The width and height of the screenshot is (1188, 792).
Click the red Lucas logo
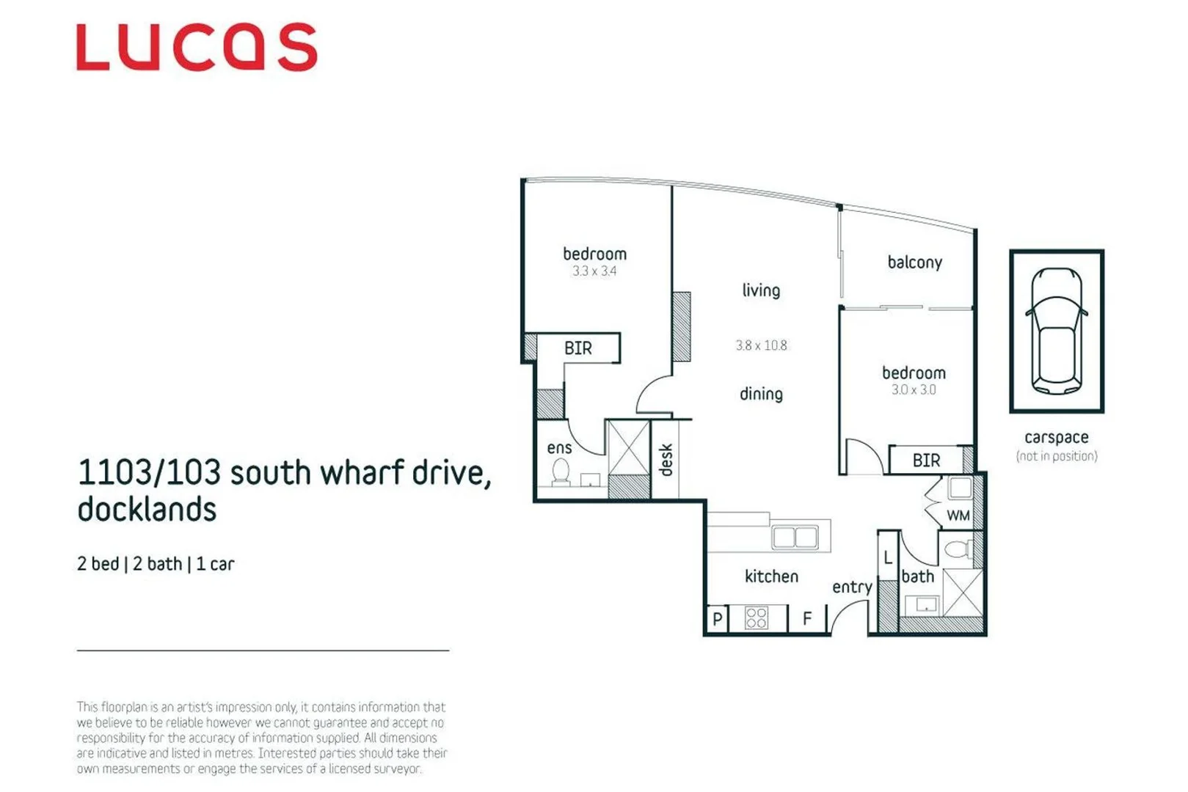tap(197, 48)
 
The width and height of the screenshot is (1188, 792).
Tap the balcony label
tap(914, 263)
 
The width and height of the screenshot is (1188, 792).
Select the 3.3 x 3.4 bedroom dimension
tap(594, 271)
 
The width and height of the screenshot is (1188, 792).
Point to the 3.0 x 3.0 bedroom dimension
tap(914, 390)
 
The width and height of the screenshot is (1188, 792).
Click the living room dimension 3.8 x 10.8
tap(761, 345)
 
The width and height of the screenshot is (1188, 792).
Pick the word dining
tap(761, 395)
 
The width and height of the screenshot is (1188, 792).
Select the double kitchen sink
tap(795, 538)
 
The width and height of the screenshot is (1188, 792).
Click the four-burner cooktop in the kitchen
tap(756, 618)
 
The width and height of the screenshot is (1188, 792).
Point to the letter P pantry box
tap(718, 620)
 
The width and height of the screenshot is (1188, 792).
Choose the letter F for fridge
tap(807, 620)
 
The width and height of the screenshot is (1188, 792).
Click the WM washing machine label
tap(958, 516)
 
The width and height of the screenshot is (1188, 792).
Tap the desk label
tap(666, 460)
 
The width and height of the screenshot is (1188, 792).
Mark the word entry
tap(852, 587)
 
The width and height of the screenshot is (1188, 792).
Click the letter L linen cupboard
tap(888, 558)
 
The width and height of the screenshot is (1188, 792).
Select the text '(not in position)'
tap(1057, 456)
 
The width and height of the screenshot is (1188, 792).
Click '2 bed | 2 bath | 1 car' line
tap(156, 564)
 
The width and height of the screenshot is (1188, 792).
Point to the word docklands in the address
tap(147, 510)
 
